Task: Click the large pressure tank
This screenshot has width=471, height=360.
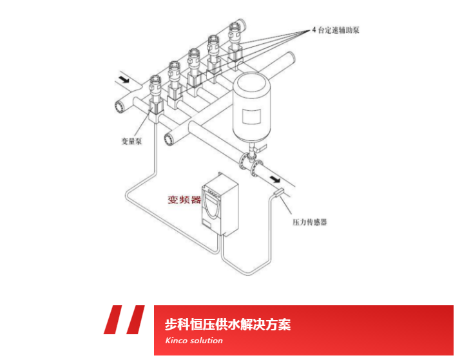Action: coord(253,108)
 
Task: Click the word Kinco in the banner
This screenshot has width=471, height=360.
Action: coord(175,341)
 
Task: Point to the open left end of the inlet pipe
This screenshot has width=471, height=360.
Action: coord(119,106)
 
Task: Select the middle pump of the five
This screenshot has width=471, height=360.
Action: coord(195,66)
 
